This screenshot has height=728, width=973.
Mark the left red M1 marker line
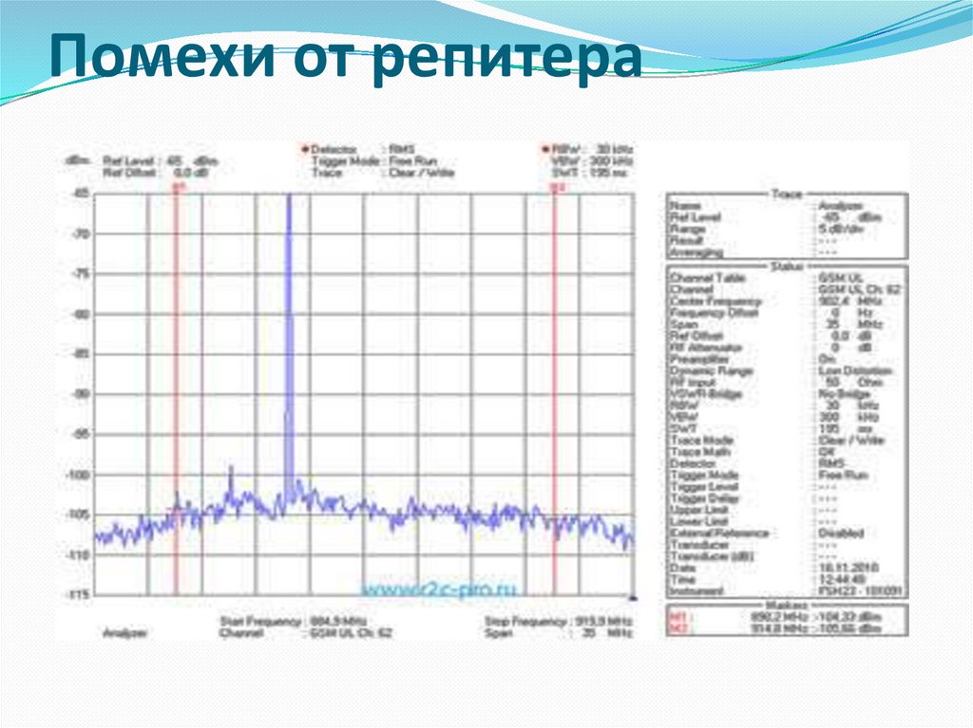tap(177, 380)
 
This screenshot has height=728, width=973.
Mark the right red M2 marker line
tap(554, 380)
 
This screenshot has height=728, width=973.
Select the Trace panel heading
tap(785, 195)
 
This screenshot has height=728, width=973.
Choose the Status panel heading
tap(785, 267)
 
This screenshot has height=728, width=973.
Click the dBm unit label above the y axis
tap(75, 160)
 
